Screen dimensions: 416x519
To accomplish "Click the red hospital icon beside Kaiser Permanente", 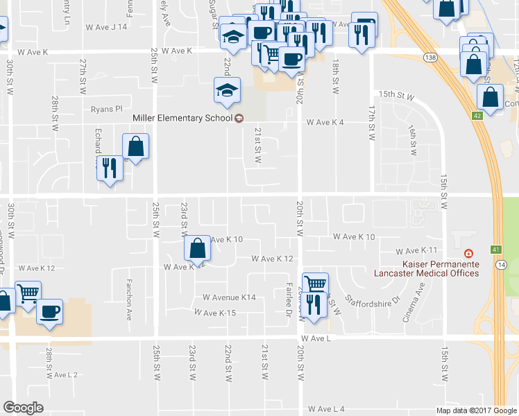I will (469, 254).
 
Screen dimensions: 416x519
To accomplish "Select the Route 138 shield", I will (432, 58).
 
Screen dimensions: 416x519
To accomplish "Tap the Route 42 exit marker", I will (477, 116).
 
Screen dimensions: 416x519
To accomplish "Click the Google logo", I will (24, 407).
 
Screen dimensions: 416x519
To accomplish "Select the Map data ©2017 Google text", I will (475, 410).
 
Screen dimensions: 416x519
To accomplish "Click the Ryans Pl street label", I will (106, 109).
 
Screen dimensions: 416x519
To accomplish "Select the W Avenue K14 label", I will (229, 297).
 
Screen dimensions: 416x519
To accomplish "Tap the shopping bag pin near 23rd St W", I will (197, 248).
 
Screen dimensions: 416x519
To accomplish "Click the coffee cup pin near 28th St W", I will (49, 311).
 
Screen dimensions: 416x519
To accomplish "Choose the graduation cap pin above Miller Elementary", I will (227, 90).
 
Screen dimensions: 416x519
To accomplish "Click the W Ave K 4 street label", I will (326, 123).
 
